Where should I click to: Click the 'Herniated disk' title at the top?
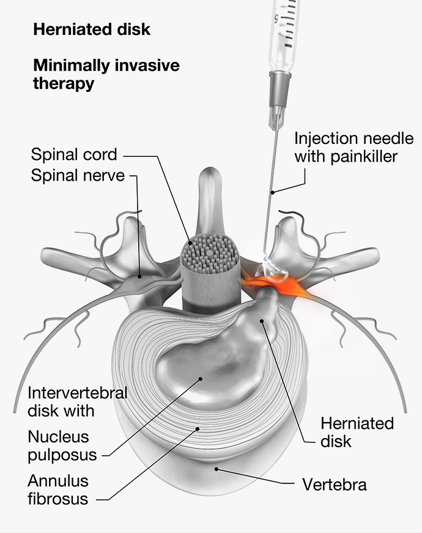[x=91, y=29]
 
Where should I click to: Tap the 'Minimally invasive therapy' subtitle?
[x=106, y=74]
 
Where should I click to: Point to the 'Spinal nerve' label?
[x=78, y=176]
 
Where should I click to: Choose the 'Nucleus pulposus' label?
[x=62, y=446]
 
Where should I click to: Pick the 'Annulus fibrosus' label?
[x=58, y=490]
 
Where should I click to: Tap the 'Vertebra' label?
[x=335, y=485]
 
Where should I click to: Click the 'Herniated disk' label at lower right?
[x=357, y=432]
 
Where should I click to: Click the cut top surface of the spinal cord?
[x=210, y=252]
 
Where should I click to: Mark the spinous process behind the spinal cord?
[x=210, y=196]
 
